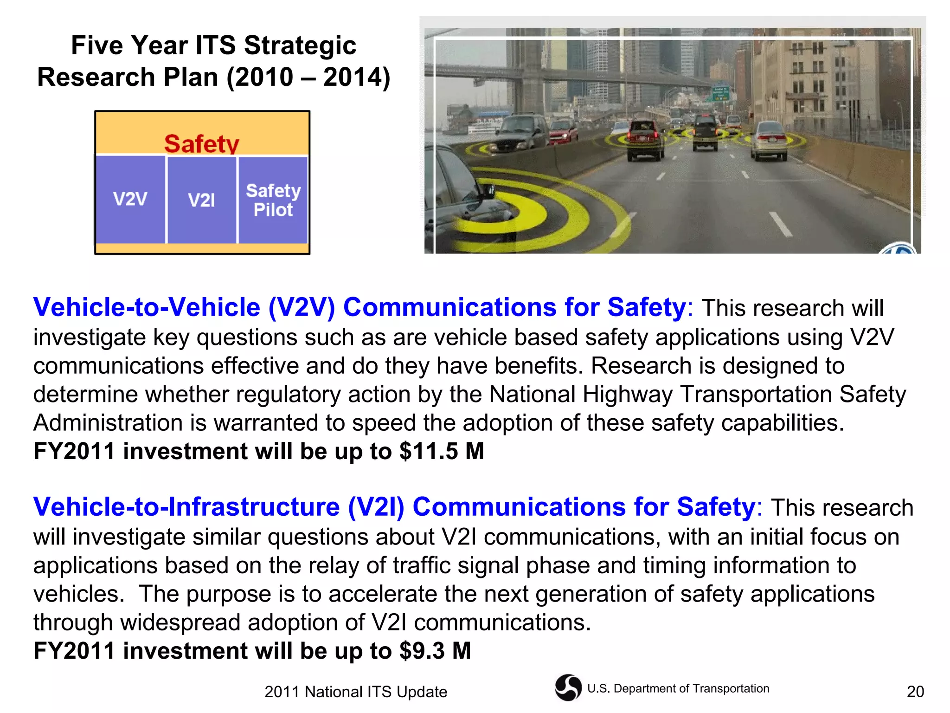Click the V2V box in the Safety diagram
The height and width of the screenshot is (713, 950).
click(130, 200)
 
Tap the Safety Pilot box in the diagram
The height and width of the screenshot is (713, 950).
click(273, 200)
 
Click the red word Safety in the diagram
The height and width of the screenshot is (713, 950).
click(202, 143)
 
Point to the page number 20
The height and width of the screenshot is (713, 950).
click(915, 692)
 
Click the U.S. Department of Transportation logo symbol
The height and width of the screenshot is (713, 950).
click(568, 687)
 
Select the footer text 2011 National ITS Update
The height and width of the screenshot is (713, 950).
click(356, 692)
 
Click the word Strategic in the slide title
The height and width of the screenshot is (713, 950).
click(300, 45)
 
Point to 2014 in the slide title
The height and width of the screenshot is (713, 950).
click(352, 77)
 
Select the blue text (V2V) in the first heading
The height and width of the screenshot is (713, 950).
click(302, 307)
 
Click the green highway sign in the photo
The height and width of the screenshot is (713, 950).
click(720, 93)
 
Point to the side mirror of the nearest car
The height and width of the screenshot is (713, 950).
click(488, 191)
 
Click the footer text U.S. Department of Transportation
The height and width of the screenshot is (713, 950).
click(678, 688)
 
